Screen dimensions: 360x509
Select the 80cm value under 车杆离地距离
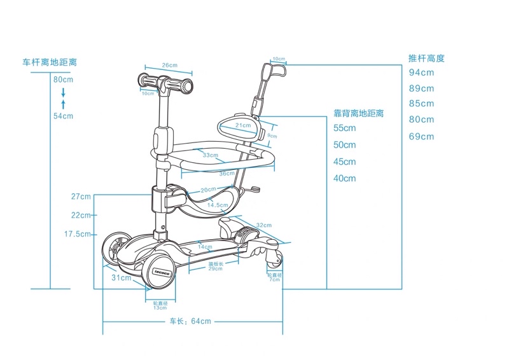pos(63,80)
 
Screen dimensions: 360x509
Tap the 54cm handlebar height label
pos(63,116)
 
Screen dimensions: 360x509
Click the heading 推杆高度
pos(426,58)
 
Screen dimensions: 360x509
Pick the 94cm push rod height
pos(421,72)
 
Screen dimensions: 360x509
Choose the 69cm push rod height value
pos(421,137)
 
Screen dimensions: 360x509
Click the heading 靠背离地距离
pos(359,113)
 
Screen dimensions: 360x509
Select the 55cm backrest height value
pos(345,128)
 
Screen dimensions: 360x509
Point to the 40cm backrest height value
pos(345,179)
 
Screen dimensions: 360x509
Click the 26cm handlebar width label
pos(169,66)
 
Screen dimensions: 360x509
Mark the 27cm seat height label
pos(81,197)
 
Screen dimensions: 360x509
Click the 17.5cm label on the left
pos(78,234)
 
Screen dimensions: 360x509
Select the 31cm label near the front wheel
pos(121,278)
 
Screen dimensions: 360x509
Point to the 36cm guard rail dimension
pos(227,174)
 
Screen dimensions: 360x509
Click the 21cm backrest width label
pos(242,125)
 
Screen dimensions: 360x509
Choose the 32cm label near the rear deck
pos(264,225)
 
